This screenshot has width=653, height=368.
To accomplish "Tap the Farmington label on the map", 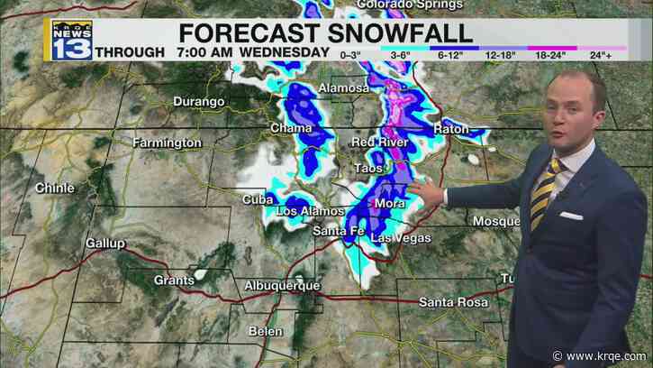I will pos(167,143).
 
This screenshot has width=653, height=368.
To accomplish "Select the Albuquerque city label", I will pos(282,286).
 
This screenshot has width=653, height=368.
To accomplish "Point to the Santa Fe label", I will pos(338,232).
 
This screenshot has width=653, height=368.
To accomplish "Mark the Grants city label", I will pos(174,280).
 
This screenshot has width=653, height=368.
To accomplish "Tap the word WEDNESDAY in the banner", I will pos(284,53).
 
